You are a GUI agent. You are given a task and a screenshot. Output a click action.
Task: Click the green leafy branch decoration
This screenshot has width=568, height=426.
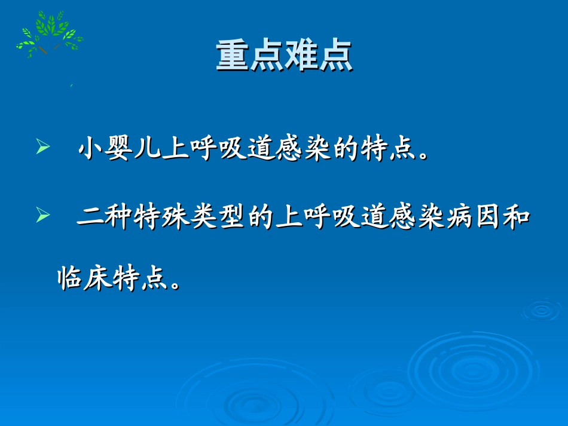pos(49,34)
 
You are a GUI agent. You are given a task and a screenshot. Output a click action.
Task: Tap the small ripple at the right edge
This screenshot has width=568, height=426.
pos(542,309)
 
